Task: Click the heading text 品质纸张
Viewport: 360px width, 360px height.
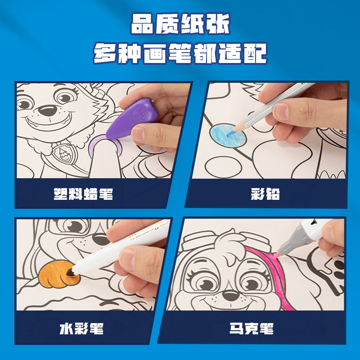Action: point(180,25)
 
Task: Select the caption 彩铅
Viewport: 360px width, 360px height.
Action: point(265,194)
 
